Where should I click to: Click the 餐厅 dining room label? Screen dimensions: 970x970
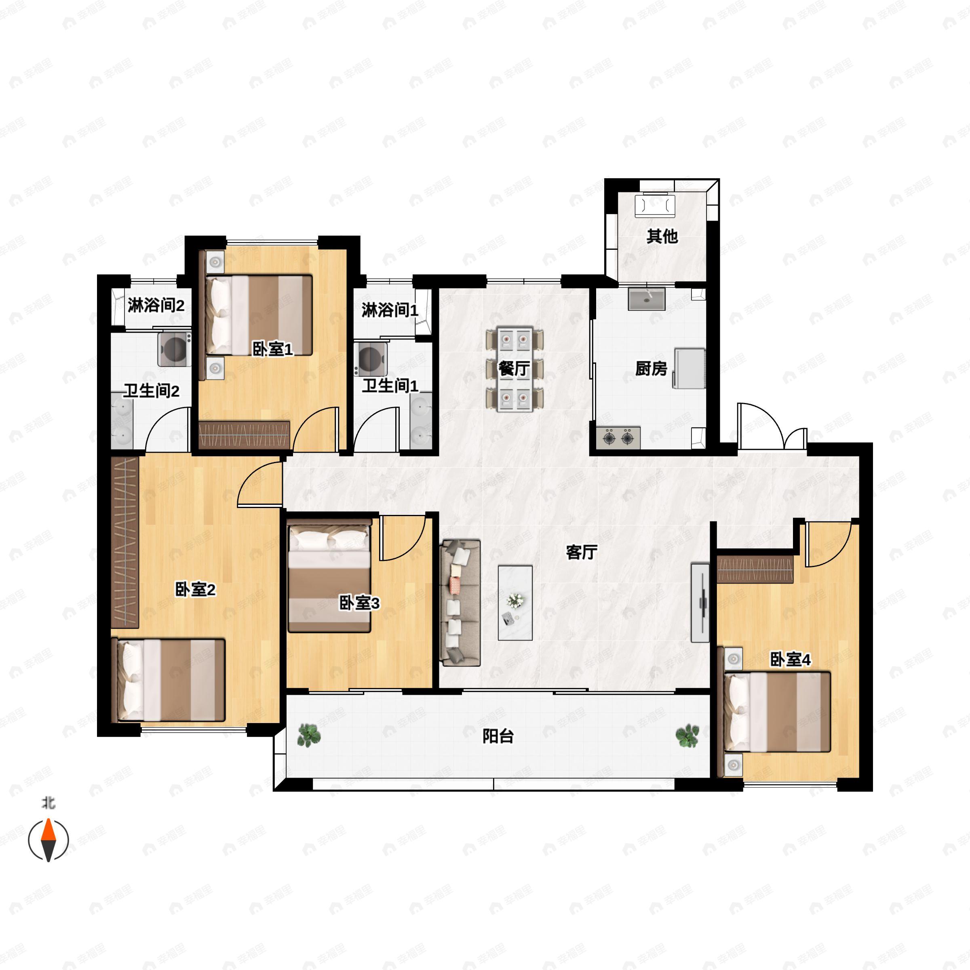pyautogui.click(x=514, y=369)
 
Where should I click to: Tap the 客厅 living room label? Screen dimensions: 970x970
pyautogui.click(x=582, y=552)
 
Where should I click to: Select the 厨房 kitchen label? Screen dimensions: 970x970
pyautogui.click(x=651, y=369)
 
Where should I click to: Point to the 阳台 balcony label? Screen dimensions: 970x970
pyautogui.click(x=498, y=736)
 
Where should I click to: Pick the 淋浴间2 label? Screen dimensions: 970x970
pyautogui.click(x=156, y=305)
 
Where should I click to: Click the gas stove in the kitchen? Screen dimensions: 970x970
pyautogui.click(x=618, y=437)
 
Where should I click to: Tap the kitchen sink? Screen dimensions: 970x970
pyautogui.click(x=647, y=299)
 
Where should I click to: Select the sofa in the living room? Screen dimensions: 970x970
pyautogui.click(x=460, y=603)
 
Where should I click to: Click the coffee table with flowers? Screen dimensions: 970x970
pyautogui.click(x=515, y=603)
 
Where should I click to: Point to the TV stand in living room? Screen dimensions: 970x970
pyautogui.click(x=700, y=603)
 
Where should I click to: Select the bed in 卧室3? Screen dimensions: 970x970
pyautogui.click(x=329, y=576)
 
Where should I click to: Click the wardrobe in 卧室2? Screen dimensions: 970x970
pyautogui.click(x=124, y=542)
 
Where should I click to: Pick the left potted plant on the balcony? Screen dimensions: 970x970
pyautogui.click(x=309, y=734)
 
